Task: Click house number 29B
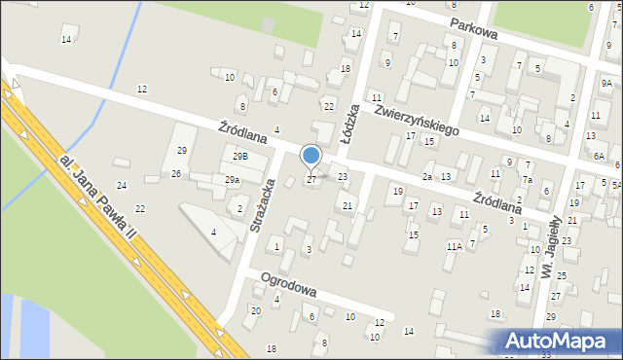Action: click(239, 157)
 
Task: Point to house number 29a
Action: click(232, 180)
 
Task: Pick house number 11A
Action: click(454, 247)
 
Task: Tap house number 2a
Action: click(427, 176)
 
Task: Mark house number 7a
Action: click(527, 180)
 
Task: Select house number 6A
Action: click(600, 156)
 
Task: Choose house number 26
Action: click(176, 173)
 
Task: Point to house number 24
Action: click(122, 185)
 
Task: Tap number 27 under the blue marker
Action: click(311, 179)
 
